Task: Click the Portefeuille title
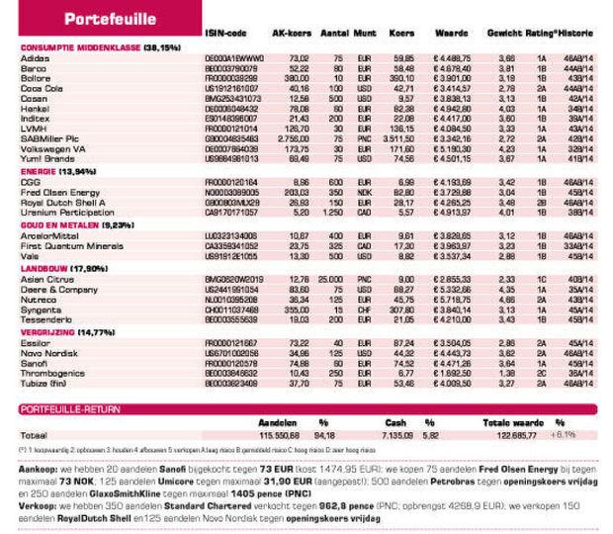(x=110, y=20)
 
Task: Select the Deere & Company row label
(x=55, y=289)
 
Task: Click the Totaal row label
(x=35, y=433)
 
